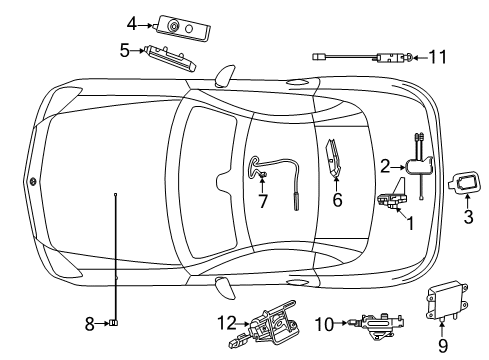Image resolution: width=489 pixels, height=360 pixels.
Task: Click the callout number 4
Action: click(x=132, y=24)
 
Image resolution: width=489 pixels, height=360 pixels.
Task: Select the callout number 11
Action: click(x=437, y=57)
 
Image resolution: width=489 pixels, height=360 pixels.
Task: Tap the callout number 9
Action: click(x=443, y=345)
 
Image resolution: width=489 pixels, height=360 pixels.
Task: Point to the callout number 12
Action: click(x=227, y=323)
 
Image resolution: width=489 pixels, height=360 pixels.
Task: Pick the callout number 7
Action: click(x=263, y=201)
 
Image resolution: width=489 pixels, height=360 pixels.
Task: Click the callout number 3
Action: click(x=468, y=216)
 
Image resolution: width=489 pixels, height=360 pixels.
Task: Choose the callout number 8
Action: click(x=89, y=324)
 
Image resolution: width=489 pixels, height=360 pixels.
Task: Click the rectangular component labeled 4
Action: click(x=183, y=28)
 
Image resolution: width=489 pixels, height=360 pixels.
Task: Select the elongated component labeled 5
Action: click(x=170, y=59)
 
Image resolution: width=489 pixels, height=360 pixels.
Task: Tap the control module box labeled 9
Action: click(x=447, y=301)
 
